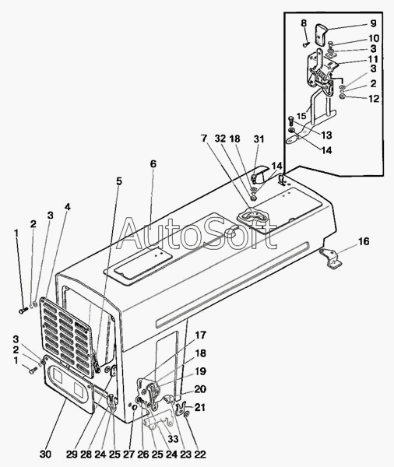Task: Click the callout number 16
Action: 364,241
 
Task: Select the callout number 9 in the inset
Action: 373,23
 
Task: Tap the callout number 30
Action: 45,455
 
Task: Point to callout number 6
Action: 153,163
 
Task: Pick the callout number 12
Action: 374,99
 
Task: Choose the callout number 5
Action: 119,181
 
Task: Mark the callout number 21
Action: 199,407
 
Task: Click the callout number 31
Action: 259,139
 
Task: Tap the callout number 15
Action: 301,116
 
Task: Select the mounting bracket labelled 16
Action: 331,259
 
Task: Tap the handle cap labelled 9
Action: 322,35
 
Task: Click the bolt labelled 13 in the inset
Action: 291,122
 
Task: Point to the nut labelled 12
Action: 343,97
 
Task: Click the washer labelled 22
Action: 187,414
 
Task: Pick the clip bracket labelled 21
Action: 180,408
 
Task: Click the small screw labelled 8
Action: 306,44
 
